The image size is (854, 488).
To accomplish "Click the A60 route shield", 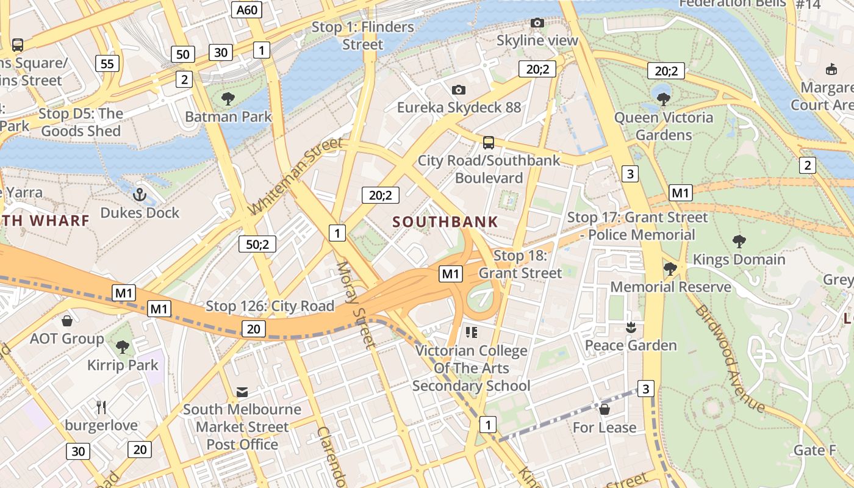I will coord(248,10).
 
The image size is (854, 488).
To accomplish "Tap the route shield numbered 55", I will coord(107,63).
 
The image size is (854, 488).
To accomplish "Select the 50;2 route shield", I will coord(257,244).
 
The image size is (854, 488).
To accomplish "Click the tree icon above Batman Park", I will coord(228,98).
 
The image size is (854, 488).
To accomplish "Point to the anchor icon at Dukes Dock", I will coord(140,195).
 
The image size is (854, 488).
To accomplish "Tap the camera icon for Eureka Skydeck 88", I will coord(459,90).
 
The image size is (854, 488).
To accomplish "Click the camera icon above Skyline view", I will coord(537,23).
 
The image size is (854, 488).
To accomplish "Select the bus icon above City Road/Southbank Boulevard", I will coord(489,143).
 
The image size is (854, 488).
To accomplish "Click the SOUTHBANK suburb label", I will coord(445,222).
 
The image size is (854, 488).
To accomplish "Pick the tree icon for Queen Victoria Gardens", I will coord(664,99).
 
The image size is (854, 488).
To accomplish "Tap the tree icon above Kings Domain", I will coord(739,242).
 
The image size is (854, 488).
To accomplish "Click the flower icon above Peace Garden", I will coord(631,328).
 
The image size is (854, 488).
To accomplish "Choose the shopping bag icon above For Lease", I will coord(605,409).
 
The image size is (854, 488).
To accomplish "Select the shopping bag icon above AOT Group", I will coord(67,321).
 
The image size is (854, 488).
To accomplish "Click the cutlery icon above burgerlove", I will coord(101,407).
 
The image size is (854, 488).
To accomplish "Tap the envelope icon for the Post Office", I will coord(242,392).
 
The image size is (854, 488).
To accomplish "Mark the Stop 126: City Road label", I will coord(270,306).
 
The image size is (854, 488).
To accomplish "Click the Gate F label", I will coord(814,451).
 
